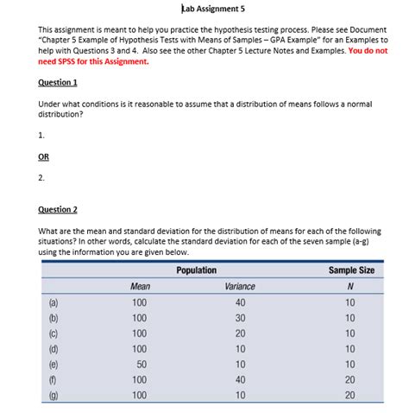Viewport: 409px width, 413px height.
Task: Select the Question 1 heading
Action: coord(58,82)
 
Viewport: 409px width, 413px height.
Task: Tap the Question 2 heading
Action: coord(58,209)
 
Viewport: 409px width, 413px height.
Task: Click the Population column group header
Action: coord(196,270)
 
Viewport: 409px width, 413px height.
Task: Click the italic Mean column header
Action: coord(140,286)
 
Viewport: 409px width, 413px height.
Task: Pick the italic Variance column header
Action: coord(240,286)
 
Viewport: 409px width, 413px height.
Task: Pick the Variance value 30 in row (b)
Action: coord(240,318)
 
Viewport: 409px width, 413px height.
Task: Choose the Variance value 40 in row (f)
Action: coord(240,381)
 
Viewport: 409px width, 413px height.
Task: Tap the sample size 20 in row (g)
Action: coord(350,396)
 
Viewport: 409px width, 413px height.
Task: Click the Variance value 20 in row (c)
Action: coord(240,334)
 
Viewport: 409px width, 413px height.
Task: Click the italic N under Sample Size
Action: coord(350,286)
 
